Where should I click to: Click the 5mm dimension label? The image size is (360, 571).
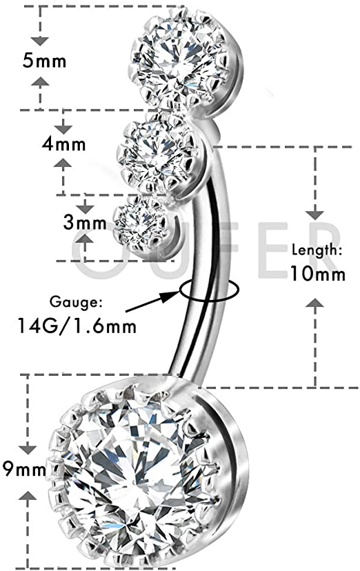(x=44, y=60)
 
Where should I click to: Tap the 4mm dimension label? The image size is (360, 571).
(x=63, y=144)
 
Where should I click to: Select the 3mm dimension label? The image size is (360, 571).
(x=84, y=222)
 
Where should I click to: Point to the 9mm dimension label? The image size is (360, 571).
(x=24, y=469)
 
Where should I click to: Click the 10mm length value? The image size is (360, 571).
(x=317, y=273)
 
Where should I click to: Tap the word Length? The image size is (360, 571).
(x=317, y=251)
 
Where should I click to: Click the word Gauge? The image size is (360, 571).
(x=76, y=302)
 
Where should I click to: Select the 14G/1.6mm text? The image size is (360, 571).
(x=77, y=325)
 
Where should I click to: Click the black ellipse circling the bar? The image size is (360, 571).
(x=208, y=290)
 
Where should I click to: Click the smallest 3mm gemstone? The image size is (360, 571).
(x=140, y=223)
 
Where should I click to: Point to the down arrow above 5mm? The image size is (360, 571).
(x=40, y=41)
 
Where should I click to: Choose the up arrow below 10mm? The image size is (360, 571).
(x=315, y=303)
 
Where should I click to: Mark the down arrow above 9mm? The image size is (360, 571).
(x=28, y=450)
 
